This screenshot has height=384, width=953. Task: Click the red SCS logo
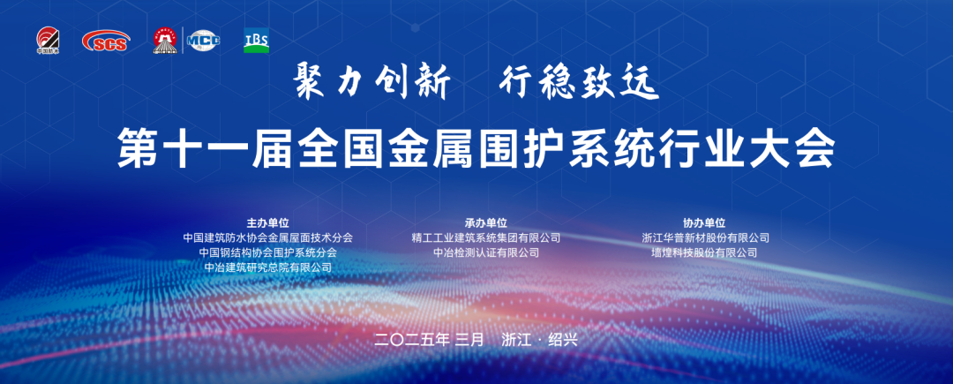106,41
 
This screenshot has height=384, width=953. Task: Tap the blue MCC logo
204,41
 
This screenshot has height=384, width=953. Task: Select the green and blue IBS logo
257,40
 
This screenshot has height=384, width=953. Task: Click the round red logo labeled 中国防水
48,41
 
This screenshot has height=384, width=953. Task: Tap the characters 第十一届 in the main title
206,149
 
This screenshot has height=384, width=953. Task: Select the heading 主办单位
268,223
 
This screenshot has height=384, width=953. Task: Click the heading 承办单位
486,223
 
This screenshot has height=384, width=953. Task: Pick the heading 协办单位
704,223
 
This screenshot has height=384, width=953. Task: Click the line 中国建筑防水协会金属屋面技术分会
268,237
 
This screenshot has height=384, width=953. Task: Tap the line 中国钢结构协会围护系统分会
268,252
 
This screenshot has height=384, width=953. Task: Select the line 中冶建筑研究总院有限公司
268,267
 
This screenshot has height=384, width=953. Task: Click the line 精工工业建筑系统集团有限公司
486,237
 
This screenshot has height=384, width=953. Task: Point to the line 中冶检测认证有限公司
486,252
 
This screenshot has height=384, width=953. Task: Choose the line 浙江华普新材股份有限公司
706,237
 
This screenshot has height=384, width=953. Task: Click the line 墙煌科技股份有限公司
704,252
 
